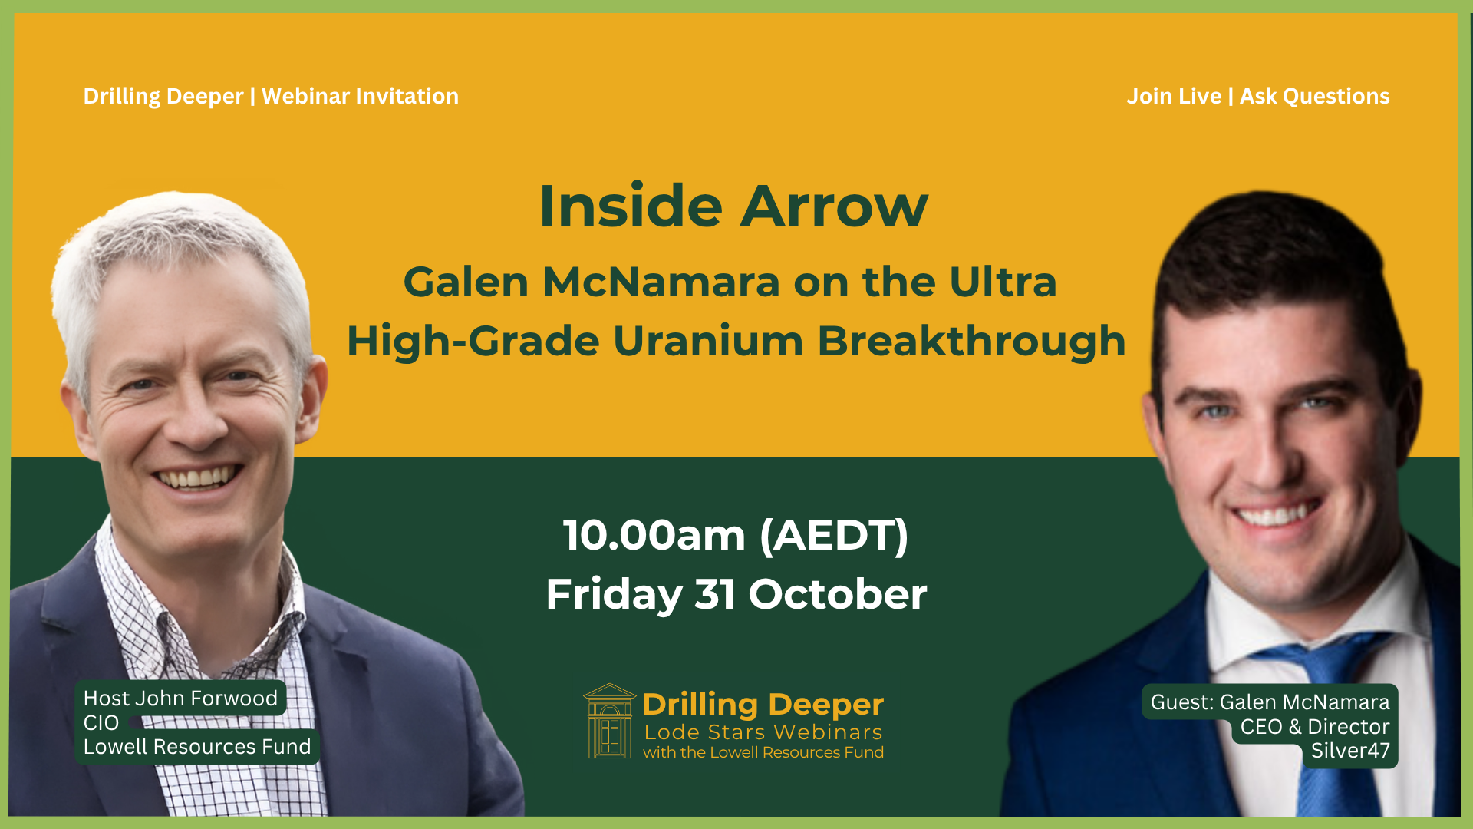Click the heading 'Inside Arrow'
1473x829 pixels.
[733, 206]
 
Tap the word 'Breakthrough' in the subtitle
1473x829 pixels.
[971, 340]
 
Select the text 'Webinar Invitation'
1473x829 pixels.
[360, 96]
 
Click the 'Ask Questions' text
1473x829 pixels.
[1315, 96]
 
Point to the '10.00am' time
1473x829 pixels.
[654, 535]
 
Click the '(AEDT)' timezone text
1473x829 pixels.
[834, 535]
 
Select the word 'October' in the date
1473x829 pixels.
[838, 594]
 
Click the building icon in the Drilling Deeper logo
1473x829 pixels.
[610, 721]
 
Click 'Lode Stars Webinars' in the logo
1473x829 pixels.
[763, 732]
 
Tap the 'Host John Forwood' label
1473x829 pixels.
[180, 698]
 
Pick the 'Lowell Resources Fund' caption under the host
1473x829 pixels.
[197, 746]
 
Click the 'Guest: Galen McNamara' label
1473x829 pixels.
[1270, 702]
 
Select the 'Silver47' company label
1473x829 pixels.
[1350, 750]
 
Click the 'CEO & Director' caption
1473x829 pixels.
[1315, 726]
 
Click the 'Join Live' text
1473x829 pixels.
[1174, 96]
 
